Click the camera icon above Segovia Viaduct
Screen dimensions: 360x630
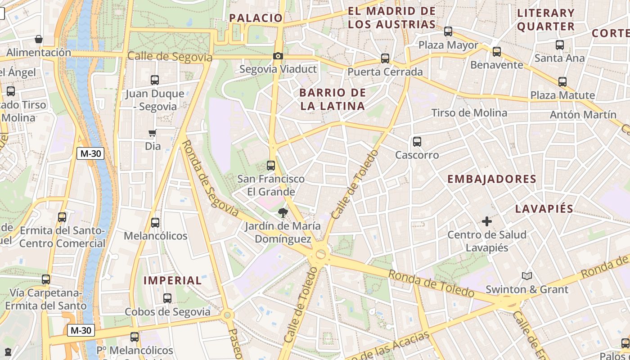pyautogui.click(x=278, y=56)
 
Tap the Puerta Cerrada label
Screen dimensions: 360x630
pyautogui.click(x=385, y=72)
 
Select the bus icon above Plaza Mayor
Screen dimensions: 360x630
pyautogui.click(x=448, y=31)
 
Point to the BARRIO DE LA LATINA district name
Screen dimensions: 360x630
pyautogui.click(x=332, y=99)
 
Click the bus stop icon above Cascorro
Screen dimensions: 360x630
pyautogui.click(x=417, y=142)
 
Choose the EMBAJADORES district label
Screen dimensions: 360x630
pyautogui.click(x=492, y=179)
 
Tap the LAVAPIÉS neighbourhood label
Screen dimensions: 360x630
pyautogui.click(x=544, y=209)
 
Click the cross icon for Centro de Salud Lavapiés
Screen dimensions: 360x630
pyautogui.click(x=486, y=221)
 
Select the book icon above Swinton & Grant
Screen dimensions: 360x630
pyautogui.click(x=527, y=276)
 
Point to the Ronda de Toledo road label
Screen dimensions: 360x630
pyautogui.click(x=431, y=283)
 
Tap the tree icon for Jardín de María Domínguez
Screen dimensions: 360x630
pyautogui.click(x=283, y=213)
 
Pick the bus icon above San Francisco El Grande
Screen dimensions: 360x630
pyautogui.click(x=271, y=165)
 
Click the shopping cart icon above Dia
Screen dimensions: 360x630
pyautogui.click(x=153, y=133)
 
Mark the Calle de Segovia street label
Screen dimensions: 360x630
pyautogui.click(x=170, y=57)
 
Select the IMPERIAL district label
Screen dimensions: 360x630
pyautogui.click(x=173, y=280)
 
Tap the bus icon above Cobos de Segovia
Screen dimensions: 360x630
pyautogui.click(x=167, y=298)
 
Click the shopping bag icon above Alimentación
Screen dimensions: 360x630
pyautogui.click(x=39, y=39)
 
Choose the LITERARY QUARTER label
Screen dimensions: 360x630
pyautogui.click(x=546, y=19)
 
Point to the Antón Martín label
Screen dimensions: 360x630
pyautogui.click(x=583, y=115)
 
